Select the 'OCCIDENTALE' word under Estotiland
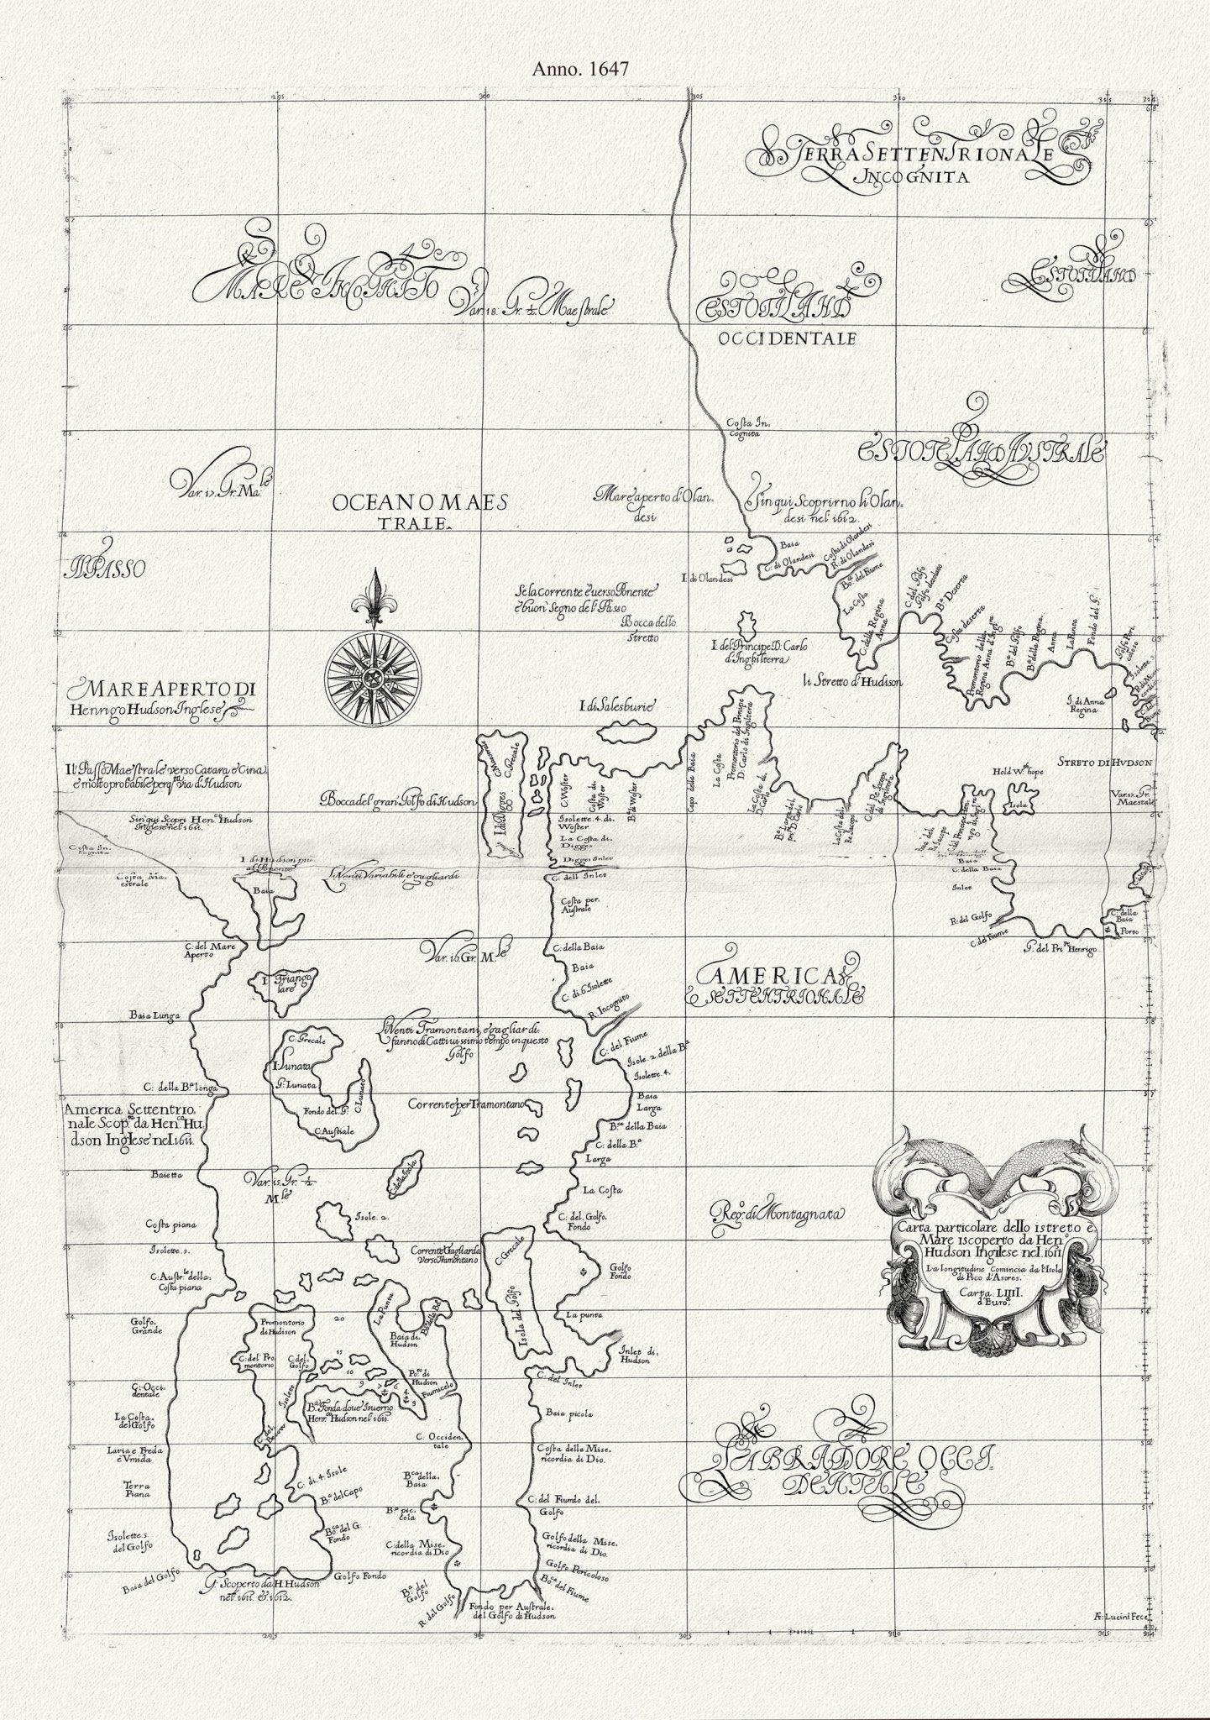786,339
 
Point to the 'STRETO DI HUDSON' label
1109,763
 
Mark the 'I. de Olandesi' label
708,578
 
